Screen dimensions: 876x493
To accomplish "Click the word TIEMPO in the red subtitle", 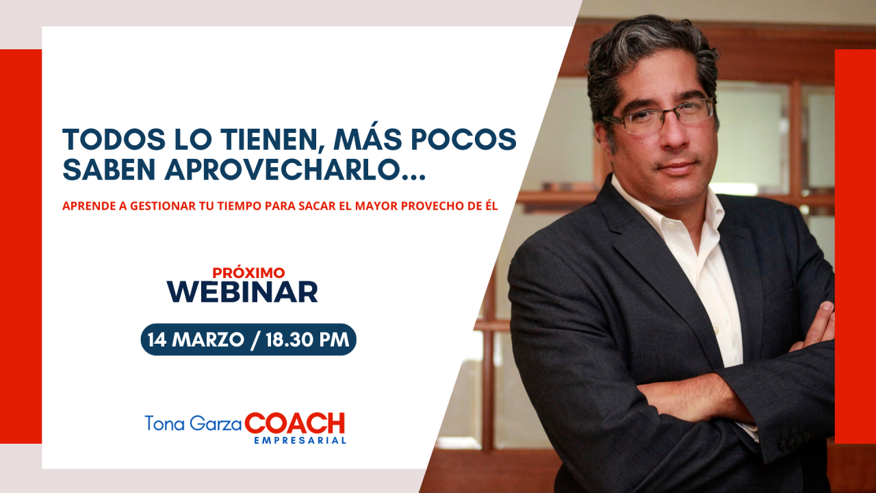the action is pyautogui.click(x=239, y=206).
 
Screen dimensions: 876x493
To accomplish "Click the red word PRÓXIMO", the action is pyautogui.click(x=248, y=273).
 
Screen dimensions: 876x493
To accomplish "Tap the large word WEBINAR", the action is pyautogui.click(x=242, y=292).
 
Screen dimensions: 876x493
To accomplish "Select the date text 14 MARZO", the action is pyautogui.click(x=196, y=340).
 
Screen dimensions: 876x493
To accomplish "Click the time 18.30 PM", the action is pyautogui.click(x=307, y=340).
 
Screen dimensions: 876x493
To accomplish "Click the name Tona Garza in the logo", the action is pyautogui.click(x=193, y=423).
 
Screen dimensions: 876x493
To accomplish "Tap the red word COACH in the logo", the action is pyautogui.click(x=295, y=423).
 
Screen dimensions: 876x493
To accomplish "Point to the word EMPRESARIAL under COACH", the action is pyautogui.click(x=300, y=440).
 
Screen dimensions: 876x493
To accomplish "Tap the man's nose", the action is pyautogui.click(x=673, y=135).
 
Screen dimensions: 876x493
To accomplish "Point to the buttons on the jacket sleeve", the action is pyautogui.click(x=795, y=440).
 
